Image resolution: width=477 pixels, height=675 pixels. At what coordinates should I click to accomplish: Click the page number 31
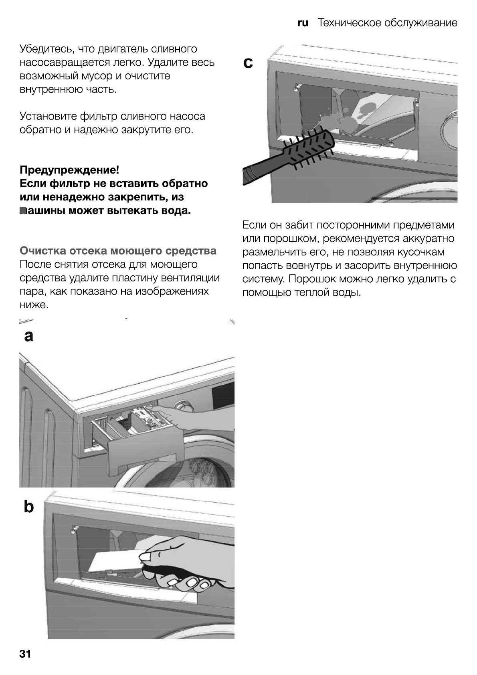pos(25,654)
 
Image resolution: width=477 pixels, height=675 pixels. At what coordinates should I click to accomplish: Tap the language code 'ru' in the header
pos(303,23)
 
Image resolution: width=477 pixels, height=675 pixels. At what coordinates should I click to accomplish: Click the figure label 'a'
pos(28,336)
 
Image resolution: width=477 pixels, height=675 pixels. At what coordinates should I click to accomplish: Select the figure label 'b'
pos(29,507)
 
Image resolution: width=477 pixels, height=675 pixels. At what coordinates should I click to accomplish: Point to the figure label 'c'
pos(248,63)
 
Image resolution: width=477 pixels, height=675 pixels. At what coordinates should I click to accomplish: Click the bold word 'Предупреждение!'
pos(69,170)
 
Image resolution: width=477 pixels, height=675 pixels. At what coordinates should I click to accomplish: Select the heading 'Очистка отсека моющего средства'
pos(118,251)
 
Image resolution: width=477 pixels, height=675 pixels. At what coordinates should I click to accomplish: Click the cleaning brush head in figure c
pos(309,147)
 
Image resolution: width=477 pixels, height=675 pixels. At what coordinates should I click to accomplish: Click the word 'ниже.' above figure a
pos(34,305)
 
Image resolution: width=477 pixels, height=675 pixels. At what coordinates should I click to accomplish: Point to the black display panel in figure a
pos(223,395)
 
